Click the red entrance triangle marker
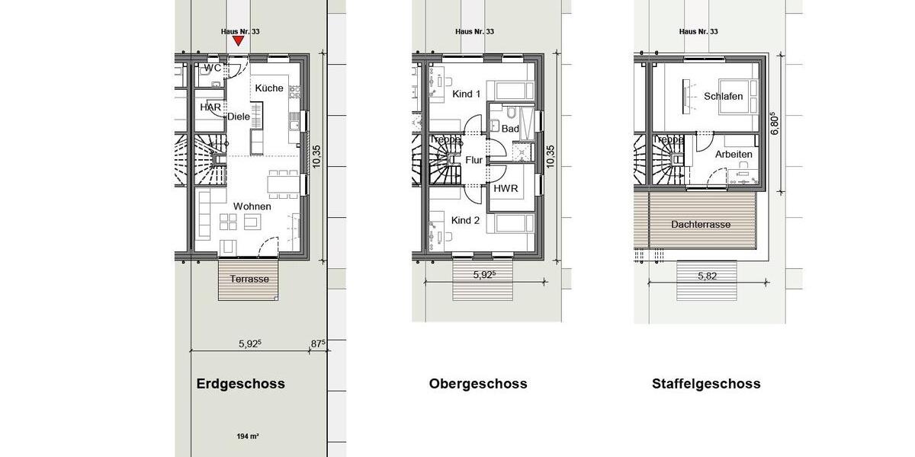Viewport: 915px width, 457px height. click(239, 41)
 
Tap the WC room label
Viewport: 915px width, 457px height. click(213, 68)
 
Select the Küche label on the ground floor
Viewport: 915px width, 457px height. click(269, 88)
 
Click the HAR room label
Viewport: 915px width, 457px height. click(210, 107)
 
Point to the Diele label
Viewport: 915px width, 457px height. click(239, 117)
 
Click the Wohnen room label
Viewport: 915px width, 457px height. click(252, 206)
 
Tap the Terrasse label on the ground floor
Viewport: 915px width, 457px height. click(249, 279)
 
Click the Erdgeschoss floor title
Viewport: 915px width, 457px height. click(241, 384)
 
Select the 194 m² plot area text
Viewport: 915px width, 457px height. click(247, 436)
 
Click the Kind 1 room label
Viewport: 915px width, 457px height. click(466, 94)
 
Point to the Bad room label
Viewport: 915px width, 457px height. click(510, 129)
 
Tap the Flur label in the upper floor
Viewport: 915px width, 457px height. click(474, 161)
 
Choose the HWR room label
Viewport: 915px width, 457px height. click(506, 188)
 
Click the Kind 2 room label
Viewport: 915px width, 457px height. click(465, 220)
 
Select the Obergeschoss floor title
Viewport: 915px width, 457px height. click(478, 384)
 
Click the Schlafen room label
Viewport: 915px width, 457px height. click(723, 97)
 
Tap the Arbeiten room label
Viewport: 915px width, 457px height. click(734, 155)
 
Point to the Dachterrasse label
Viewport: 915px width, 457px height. click(701, 225)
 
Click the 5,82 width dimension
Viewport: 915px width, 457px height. click(707, 276)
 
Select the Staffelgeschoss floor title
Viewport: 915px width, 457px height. click(706, 384)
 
